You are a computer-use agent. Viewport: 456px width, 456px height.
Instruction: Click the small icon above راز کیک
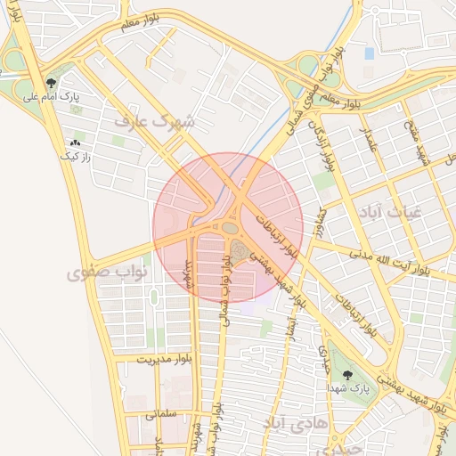click(x=75, y=142)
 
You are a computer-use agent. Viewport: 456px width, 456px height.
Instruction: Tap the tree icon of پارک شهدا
click(x=346, y=375)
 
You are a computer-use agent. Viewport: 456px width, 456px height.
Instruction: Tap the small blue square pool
click(x=370, y=53)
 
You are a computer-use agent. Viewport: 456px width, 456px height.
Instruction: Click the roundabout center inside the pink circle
click(x=231, y=228)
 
